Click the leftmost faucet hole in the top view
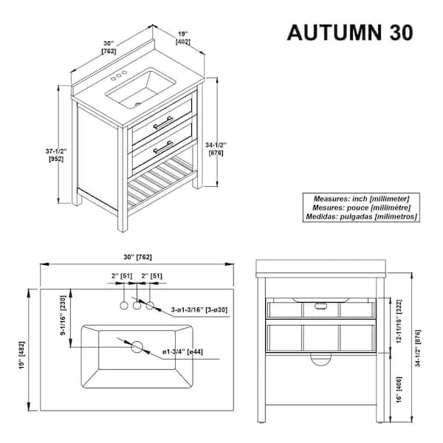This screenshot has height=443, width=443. pyautogui.click(x=123, y=304)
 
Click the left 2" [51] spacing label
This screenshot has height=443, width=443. pyautogui.click(x=121, y=276)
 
